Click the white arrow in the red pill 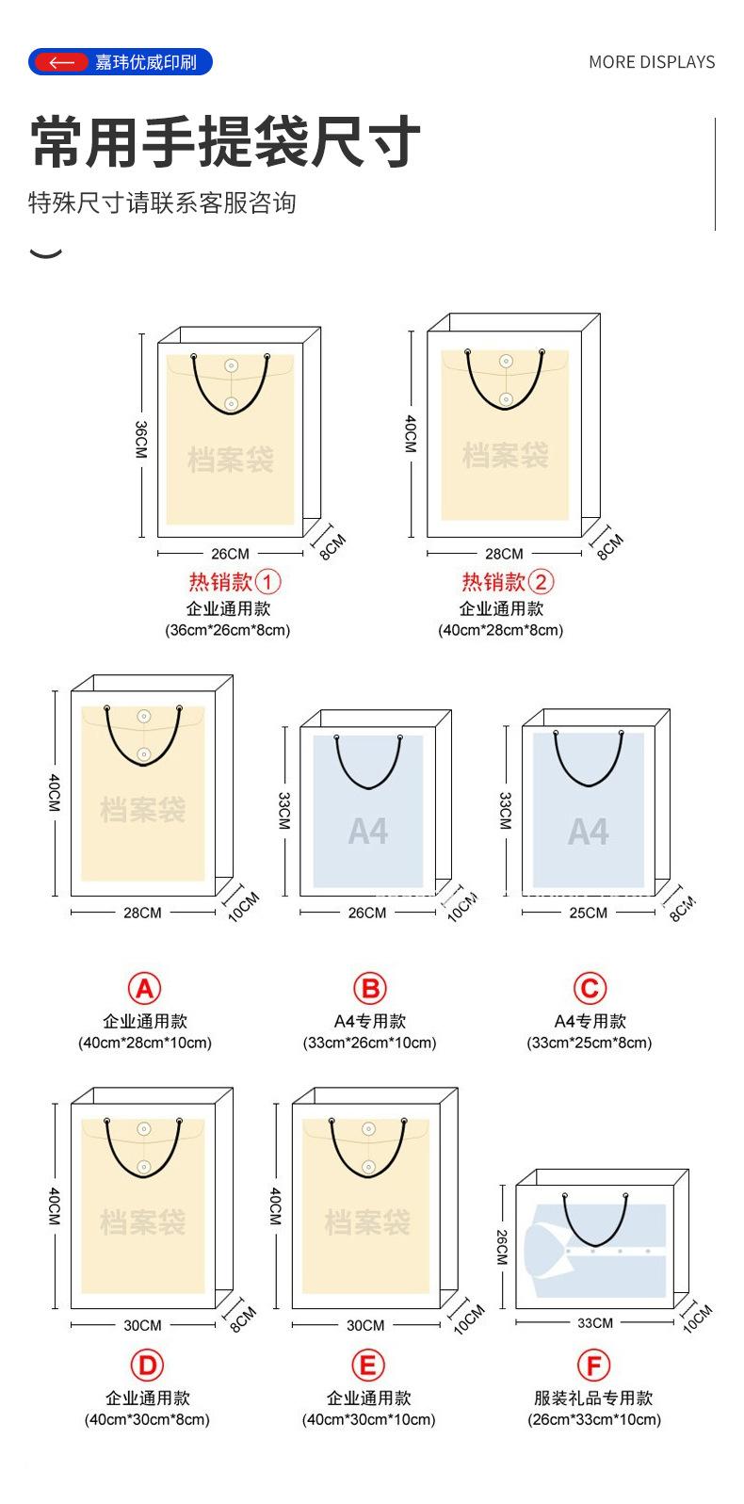(x=61, y=62)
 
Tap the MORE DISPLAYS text (x=651, y=62)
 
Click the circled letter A (x=144, y=989)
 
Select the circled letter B (x=369, y=989)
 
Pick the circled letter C (x=590, y=989)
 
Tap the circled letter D (x=146, y=1366)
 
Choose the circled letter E (x=367, y=1366)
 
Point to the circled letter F (x=593, y=1366)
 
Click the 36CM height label (x=140, y=440)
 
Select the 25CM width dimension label (x=588, y=913)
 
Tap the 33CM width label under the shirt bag (x=595, y=1323)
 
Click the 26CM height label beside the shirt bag (x=502, y=1248)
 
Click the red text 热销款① (x=235, y=582)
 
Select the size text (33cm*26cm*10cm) (x=369, y=1043)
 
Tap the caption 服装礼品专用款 (x=593, y=1398)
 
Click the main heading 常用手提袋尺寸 (x=225, y=144)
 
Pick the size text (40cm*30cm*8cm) (x=147, y=1419)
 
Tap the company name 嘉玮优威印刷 (x=146, y=63)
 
